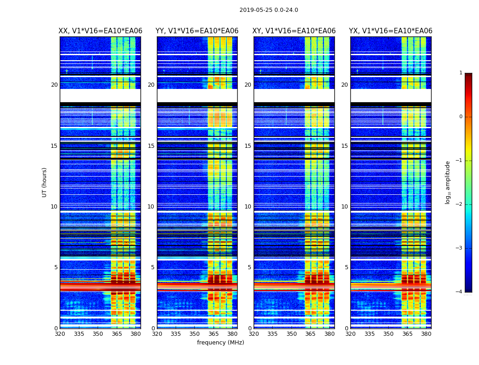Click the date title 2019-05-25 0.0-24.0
point(269,10)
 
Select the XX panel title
point(100,31)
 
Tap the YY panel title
point(197,31)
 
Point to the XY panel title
point(294,31)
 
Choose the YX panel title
point(390,31)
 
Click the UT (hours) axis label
point(45,182)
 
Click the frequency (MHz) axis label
point(221,343)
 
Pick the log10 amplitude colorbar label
point(448,182)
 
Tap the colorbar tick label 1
point(461,73)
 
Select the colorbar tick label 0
point(461,117)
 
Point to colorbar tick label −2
point(460,204)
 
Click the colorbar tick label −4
point(460,292)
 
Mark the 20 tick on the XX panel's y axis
point(54,85)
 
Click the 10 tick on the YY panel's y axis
point(151,207)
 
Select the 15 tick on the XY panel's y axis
point(248,146)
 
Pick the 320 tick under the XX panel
point(60,334)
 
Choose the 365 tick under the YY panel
point(213,334)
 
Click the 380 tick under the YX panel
point(426,334)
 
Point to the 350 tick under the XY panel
point(292,334)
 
